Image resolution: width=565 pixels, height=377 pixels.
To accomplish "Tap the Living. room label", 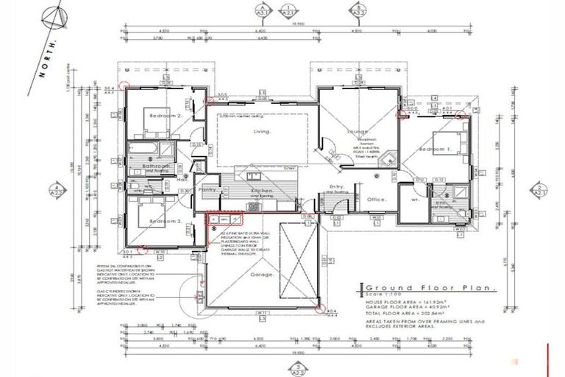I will point(262,132).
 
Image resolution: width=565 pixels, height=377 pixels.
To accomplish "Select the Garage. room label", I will point(263,275).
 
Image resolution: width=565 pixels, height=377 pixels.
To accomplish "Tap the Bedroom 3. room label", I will point(166,221).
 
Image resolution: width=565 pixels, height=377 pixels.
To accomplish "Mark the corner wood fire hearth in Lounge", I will point(389,158).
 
